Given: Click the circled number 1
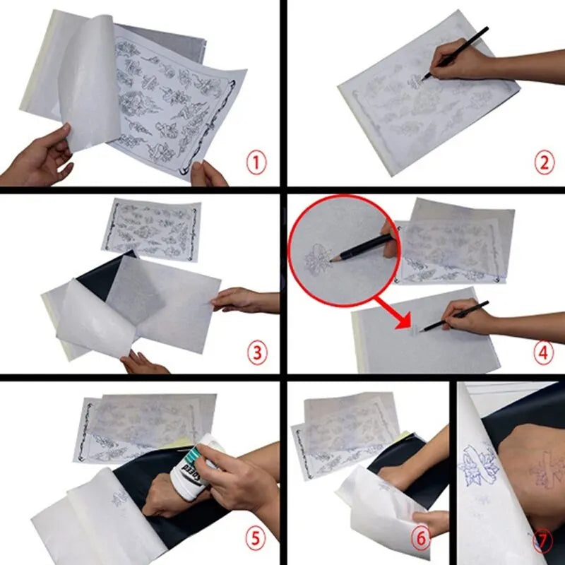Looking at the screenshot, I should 257,164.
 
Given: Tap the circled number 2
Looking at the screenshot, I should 543,164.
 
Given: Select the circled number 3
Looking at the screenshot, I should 257,352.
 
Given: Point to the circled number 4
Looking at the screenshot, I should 543,352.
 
